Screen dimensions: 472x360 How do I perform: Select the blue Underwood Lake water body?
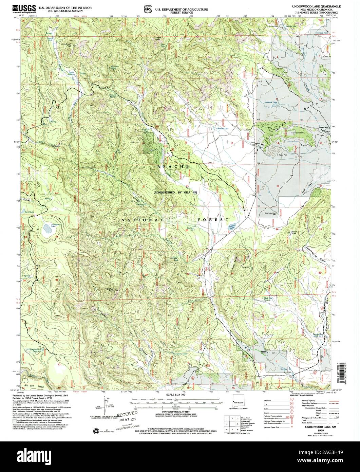coord(47,229)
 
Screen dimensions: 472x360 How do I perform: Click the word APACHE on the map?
coord(173,167)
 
